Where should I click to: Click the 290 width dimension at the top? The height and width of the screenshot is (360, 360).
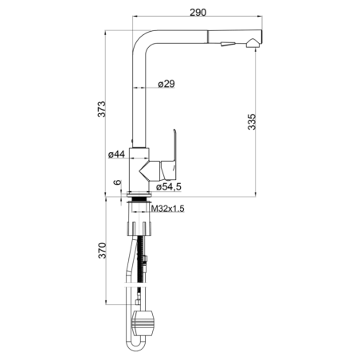198,12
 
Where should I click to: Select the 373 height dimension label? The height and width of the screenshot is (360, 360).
102,109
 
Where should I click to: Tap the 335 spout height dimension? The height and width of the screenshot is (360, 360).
252,122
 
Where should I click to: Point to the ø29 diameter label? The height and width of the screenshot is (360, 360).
166,84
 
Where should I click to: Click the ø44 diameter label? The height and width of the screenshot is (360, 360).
116,155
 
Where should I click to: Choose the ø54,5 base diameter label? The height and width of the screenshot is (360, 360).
169,186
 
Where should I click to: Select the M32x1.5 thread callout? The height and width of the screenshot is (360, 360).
167,209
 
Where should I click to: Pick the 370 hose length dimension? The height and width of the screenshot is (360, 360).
102,250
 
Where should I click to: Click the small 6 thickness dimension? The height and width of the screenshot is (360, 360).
117,182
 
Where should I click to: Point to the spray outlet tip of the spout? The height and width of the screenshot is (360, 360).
252,43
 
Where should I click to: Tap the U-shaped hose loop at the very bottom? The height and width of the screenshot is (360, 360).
135,345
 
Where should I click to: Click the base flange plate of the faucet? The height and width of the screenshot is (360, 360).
139,194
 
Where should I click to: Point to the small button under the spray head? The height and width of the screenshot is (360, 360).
228,44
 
